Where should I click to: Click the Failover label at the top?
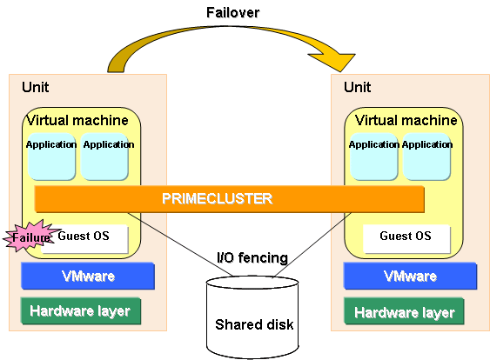[232, 13]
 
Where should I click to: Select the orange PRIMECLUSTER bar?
[230, 199]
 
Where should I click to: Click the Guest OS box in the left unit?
[84, 239]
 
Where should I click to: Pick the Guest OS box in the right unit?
[406, 239]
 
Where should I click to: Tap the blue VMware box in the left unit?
[88, 276]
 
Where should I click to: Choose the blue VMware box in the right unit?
[410, 276]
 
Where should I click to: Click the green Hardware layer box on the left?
[81, 311]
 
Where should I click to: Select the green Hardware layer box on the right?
[404, 311]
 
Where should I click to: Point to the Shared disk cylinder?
[252, 317]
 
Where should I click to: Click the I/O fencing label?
[252, 258]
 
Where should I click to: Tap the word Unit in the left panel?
[36, 87]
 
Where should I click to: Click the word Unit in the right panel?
[357, 87]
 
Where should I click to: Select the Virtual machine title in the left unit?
[77, 120]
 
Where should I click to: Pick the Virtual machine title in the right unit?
[406, 120]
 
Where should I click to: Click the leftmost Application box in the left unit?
[51, 157]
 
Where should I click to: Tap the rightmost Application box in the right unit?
[426, 157]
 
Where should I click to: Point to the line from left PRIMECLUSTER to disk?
[180, 244]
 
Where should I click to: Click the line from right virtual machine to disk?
[312, 245]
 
